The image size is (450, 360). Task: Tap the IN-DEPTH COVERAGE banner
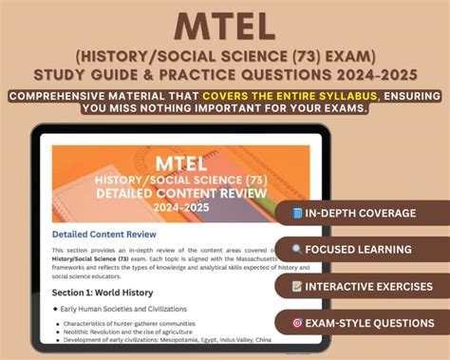click(360, 213)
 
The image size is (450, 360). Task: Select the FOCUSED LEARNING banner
click(360, 249)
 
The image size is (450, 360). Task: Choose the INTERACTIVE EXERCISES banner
click(360, 285)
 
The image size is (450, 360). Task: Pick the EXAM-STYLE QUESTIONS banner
click(360, 322)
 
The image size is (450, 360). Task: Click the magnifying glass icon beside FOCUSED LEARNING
click(299, 249)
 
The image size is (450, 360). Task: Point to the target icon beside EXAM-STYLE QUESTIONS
click(297, 322)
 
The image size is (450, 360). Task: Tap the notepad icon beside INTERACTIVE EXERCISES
click(298, 285)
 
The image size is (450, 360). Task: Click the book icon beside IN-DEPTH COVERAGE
click(299, 213)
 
